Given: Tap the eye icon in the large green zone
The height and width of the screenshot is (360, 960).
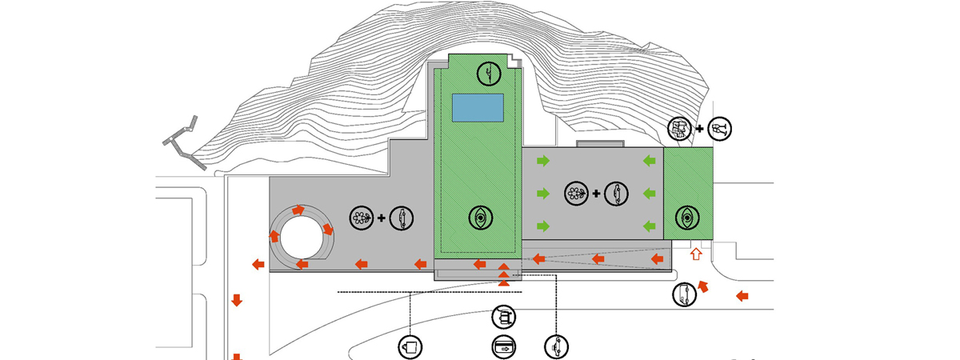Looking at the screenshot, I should point(481,216).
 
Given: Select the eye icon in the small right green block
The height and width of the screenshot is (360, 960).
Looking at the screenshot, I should point(687,217).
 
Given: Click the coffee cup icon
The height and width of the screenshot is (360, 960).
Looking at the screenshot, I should point(410,346).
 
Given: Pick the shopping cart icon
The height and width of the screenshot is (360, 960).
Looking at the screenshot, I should point(503,317).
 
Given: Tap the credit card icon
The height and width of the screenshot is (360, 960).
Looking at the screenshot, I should point(503,347).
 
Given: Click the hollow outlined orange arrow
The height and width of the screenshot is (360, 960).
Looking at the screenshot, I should point(696,254).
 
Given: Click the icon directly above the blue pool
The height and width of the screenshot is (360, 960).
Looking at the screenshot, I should point(488,74).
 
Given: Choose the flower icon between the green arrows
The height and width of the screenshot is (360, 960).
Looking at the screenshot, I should point(575,193).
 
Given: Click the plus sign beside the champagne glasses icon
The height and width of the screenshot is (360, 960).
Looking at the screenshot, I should point(700,128).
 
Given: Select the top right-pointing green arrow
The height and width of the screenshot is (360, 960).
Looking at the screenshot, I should point(544,162).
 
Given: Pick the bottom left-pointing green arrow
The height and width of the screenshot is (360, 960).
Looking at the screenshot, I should point(649,225).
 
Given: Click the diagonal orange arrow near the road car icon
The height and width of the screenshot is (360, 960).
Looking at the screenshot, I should point(704,286).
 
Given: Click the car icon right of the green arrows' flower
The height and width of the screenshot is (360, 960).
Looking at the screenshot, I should point(616,193).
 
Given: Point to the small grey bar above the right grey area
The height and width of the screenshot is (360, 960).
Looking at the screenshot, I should point(599,144).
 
